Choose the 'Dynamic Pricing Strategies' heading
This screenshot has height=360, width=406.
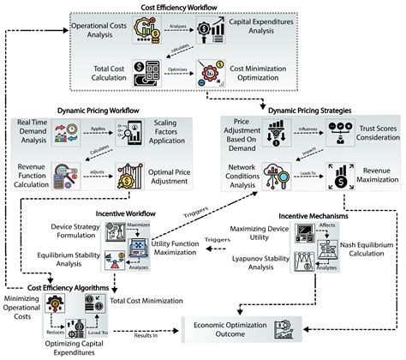[x=287, y=108]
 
